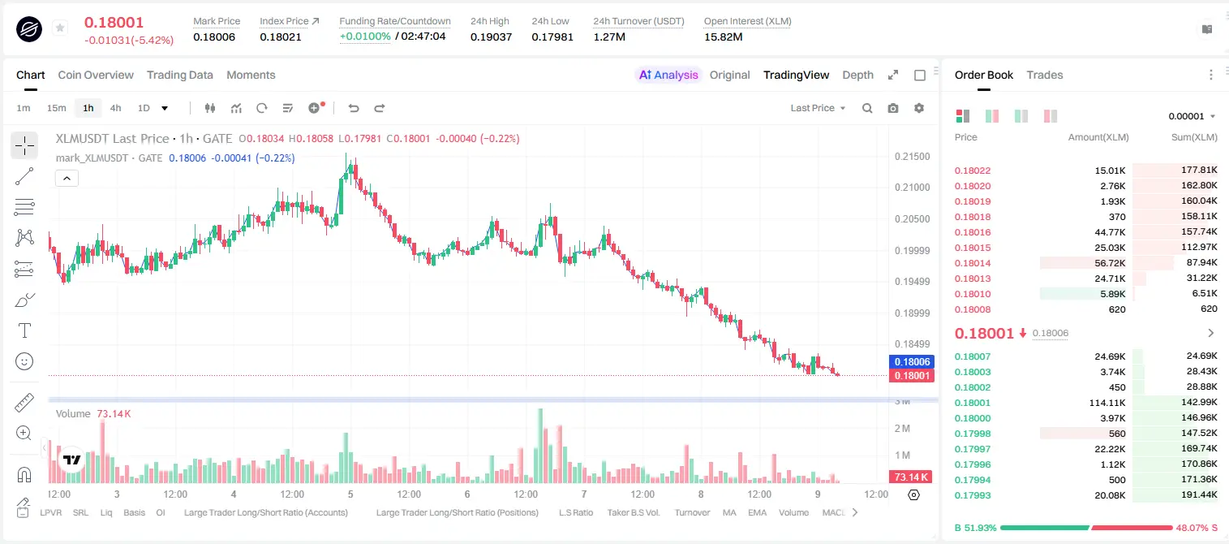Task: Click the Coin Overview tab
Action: pyautogui.click(x=96, y=75)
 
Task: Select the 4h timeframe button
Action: pyautogui.click(x=115, y=108)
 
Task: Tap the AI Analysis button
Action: pyautogui.click(x=668, y=75)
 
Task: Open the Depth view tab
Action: pyautogui.click(x=857, y=75)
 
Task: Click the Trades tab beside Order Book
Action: pyautogui.click(x=1045, y=75)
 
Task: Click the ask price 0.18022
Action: pyautogui.click(x=972, y=171)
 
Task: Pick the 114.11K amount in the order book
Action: pyautogui.click(x=1107, y=403)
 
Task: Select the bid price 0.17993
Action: pyautogui.click(x=972, y=495)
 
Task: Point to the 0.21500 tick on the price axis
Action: pyautogui.click(x=912, y=157)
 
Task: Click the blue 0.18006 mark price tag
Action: pyautogui.click(x=911, y=362)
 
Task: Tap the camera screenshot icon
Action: pyautogui.click(x=892, y=108)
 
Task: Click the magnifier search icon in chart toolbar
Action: pyautogui.click(x=867, y=108)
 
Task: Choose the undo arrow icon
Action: pyautogui.click(x=354, y=108)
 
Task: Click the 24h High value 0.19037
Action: pyautogui.click(x=491, y=37)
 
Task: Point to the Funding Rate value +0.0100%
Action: pyautogui.click(x=365, y=37)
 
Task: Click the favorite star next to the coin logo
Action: pyautogui.click(x=60, y=28)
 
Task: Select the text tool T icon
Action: pyautogui.click(x=24, y=330)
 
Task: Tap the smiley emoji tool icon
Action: pyautogui.click(x=24, y=361)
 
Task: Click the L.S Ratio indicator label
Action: pyautogui.click(x=575, y=512)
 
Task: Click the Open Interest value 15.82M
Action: pyautogui.click(x=723, y=37)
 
